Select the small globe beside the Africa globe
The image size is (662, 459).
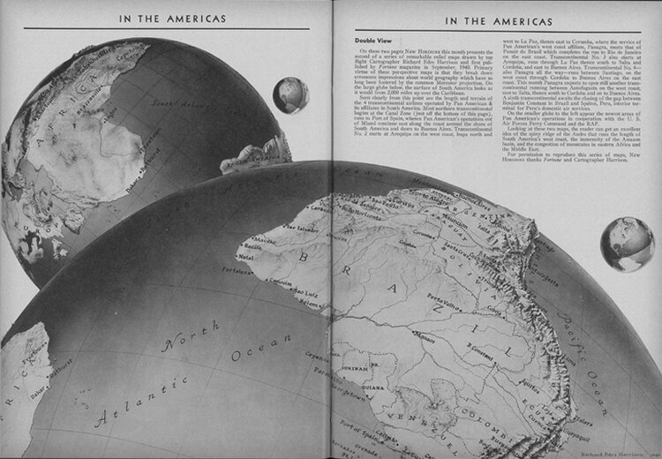[x=290, y=95]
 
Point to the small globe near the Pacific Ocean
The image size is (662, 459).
[x=621, y=244]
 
